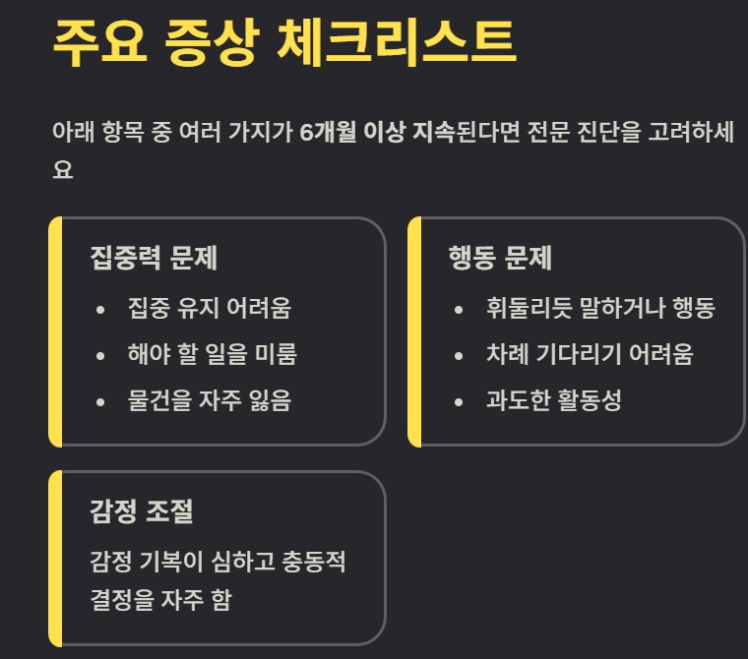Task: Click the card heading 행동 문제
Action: coord(499,259)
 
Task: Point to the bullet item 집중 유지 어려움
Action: coord(209,308)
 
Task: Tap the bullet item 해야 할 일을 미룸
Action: coord(212,354)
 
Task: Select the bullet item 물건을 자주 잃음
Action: coord(209,400)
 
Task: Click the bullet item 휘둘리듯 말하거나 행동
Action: coord(599,308)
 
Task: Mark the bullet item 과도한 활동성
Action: coord(553,400)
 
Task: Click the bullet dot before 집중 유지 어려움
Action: coord(100,310)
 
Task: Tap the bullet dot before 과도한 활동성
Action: coord(459,402)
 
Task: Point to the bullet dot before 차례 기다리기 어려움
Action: coord(459,356)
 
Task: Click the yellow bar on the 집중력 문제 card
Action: coord(55,330)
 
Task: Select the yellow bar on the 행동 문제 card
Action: coord(414,330)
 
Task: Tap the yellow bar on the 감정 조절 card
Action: coord(55,558)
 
